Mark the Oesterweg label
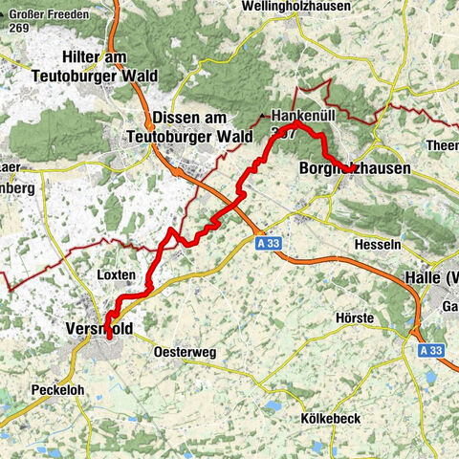click(x=185, y=352)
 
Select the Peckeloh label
click(x=61, y=391)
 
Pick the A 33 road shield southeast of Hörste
click(x=432, y=351)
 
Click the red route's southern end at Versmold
click(x=109, y=337)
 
